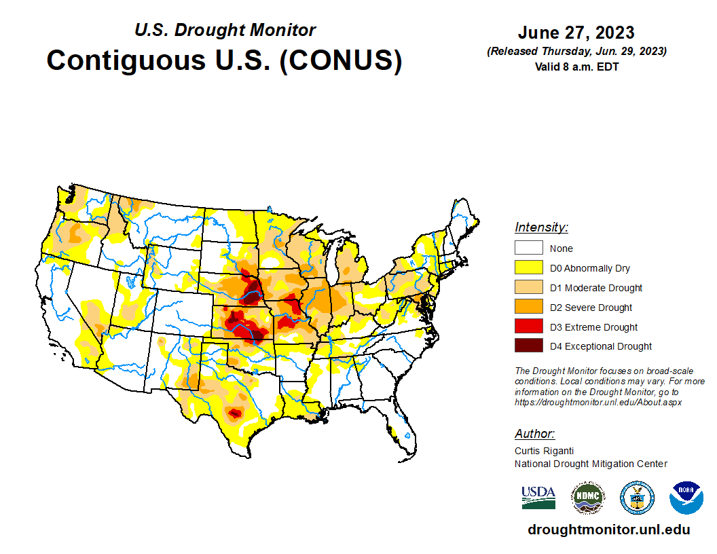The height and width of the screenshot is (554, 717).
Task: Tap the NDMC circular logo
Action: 588,498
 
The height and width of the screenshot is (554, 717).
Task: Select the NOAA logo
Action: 686,498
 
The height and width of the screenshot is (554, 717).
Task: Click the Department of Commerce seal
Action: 637,498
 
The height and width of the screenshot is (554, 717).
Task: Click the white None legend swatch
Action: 528,248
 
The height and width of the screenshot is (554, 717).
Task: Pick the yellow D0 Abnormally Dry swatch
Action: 528,268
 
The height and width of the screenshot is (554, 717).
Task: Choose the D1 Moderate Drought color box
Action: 528,288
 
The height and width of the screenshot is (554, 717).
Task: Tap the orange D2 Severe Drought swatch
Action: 528,308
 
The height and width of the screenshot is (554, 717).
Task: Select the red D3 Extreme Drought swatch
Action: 528,327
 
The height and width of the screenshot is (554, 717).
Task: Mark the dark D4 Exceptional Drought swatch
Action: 528,346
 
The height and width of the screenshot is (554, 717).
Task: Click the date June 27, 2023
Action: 576,33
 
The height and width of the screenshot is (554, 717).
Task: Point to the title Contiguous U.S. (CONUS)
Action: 224,60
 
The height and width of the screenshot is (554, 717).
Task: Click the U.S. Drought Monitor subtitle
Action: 225,30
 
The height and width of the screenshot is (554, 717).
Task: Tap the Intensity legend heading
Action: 541,227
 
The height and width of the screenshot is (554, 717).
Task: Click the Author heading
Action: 534,434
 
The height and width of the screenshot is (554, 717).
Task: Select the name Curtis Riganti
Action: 544,451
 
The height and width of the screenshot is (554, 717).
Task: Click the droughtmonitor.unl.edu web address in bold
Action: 609,530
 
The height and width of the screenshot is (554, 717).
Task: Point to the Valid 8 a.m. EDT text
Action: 576,67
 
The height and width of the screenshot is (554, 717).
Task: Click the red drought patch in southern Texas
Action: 235,413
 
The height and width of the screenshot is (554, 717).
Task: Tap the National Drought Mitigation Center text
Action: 591,464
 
